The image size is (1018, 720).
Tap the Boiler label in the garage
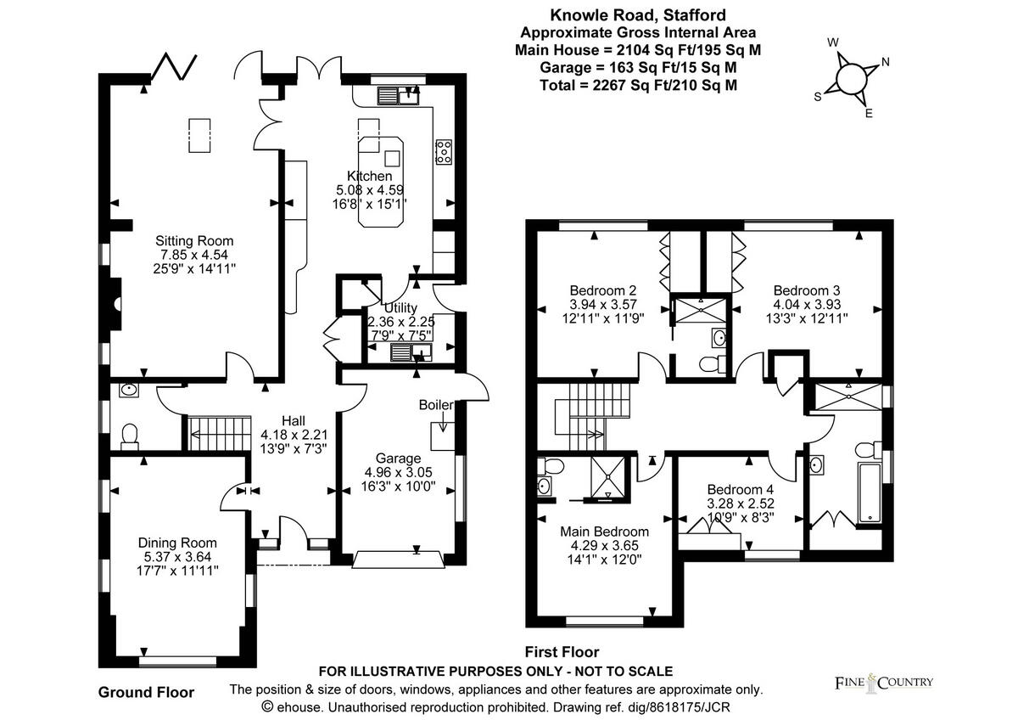[434, 405]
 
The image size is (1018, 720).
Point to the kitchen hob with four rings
[443, 151]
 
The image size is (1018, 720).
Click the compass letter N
[885, 61]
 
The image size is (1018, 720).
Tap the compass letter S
[818, 97]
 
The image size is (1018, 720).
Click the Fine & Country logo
[881, 682]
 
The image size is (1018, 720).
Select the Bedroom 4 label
[741, 490]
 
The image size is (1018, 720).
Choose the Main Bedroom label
[604, 532]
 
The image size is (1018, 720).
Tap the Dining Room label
[177, 543]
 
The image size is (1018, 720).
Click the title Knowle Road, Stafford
[637, 14]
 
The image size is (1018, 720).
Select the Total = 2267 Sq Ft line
[637, 85]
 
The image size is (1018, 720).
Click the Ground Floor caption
[146, 692]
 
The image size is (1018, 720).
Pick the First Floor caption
[562, 652]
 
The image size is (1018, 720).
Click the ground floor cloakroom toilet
[130, 435]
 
